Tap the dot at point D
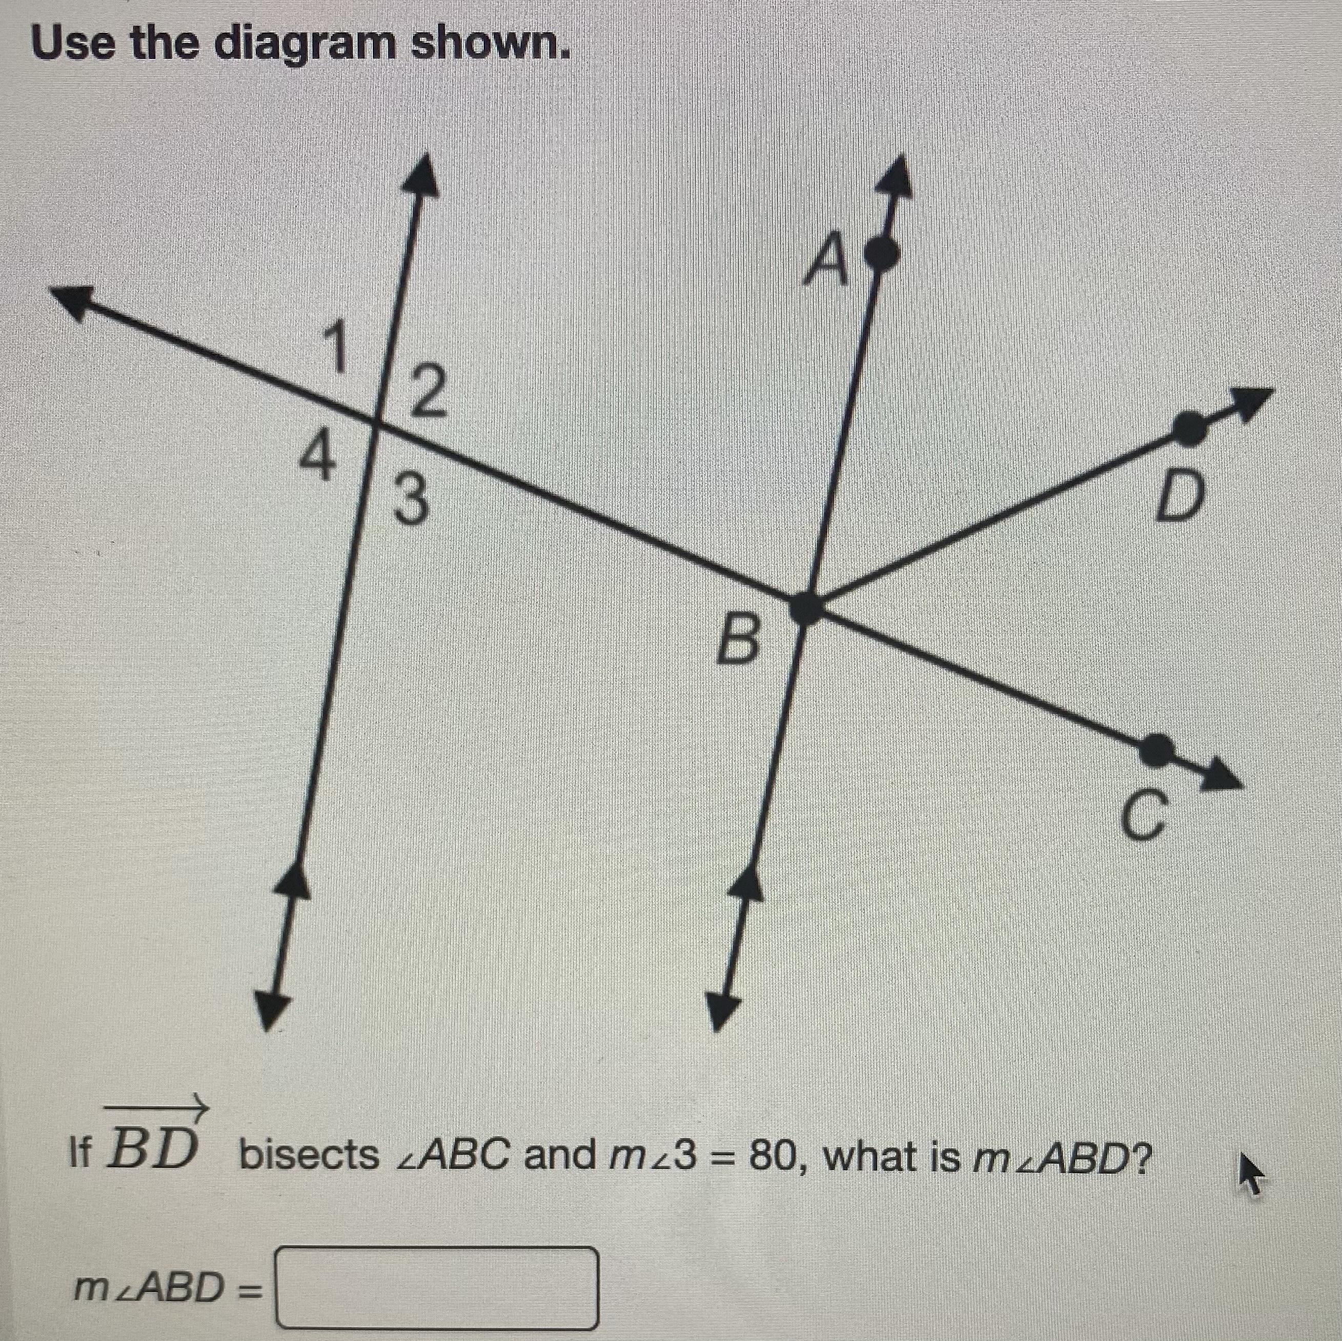point(1190,427)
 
